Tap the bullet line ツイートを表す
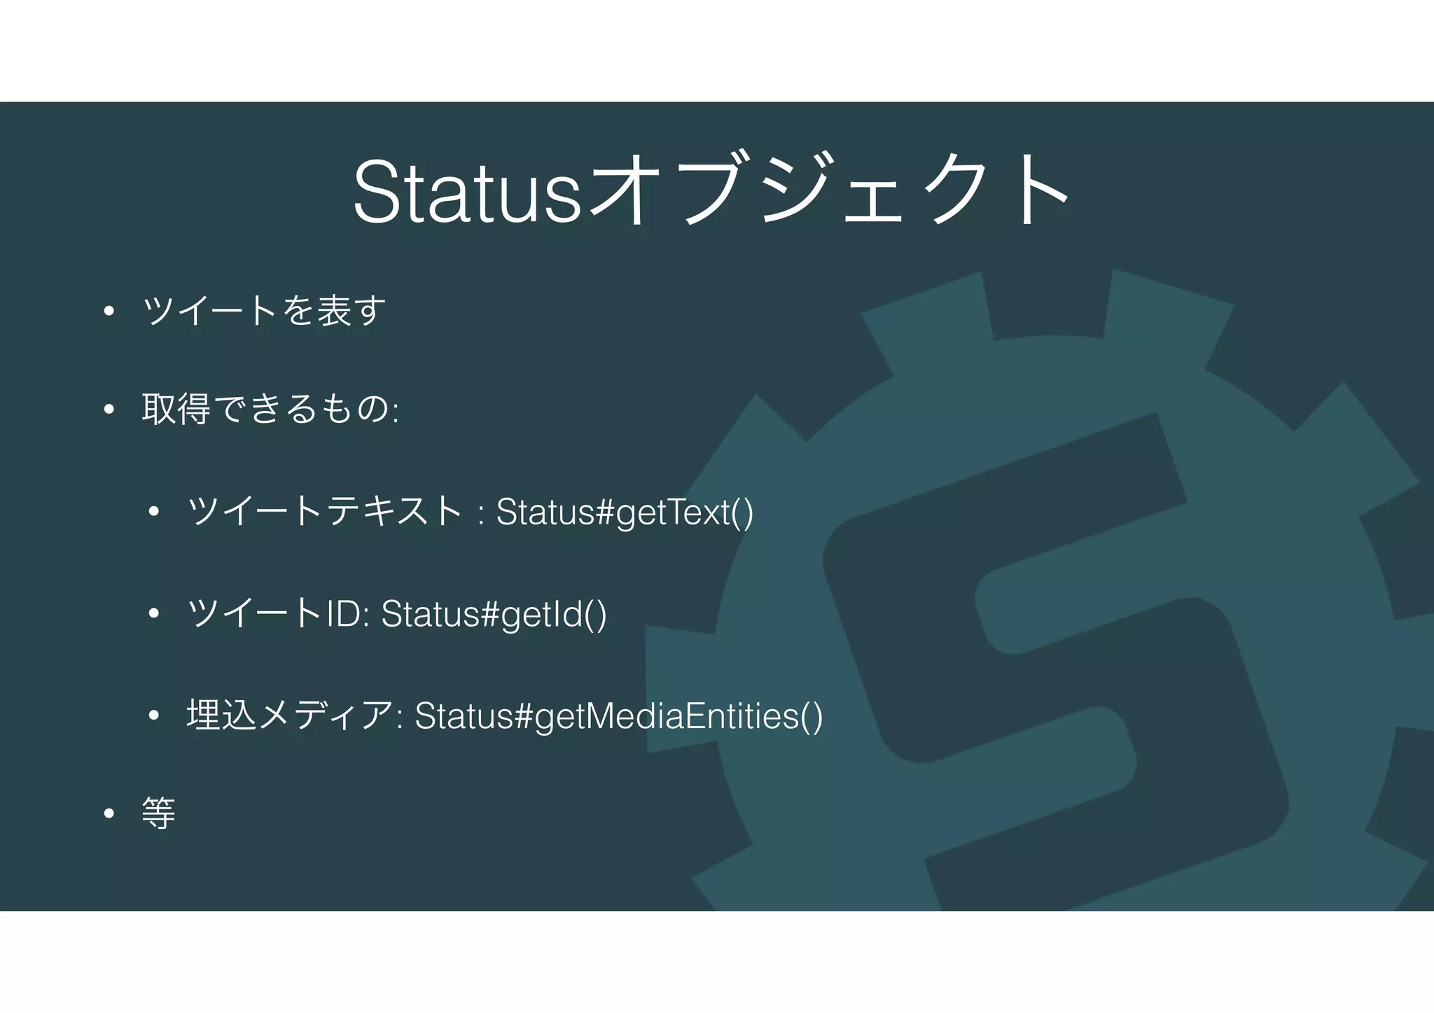pyautogui.click(x=265, y=311)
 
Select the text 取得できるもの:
pyautogui.click(x=270, y=410)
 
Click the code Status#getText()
pyautogui.click(x=625, y=512)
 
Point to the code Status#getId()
pyautogui.click(x=494, y=614)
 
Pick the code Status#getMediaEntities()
pyautogui.click(x=619, y=715)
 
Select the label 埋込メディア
pyautogui.click(x=290, y=715)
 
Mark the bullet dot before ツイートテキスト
pyautogui.click(x=155, y=512)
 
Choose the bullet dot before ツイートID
pyautogui.click(x=155, y=615)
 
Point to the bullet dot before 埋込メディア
pyautogui.click(x=155, y=716)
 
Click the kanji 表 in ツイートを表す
pyautogui.click(x=334, y=311)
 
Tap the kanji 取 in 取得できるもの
pyautogui.click(x=158, y=410)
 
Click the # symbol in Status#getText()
pyautogui.click(x=605, y=512)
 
